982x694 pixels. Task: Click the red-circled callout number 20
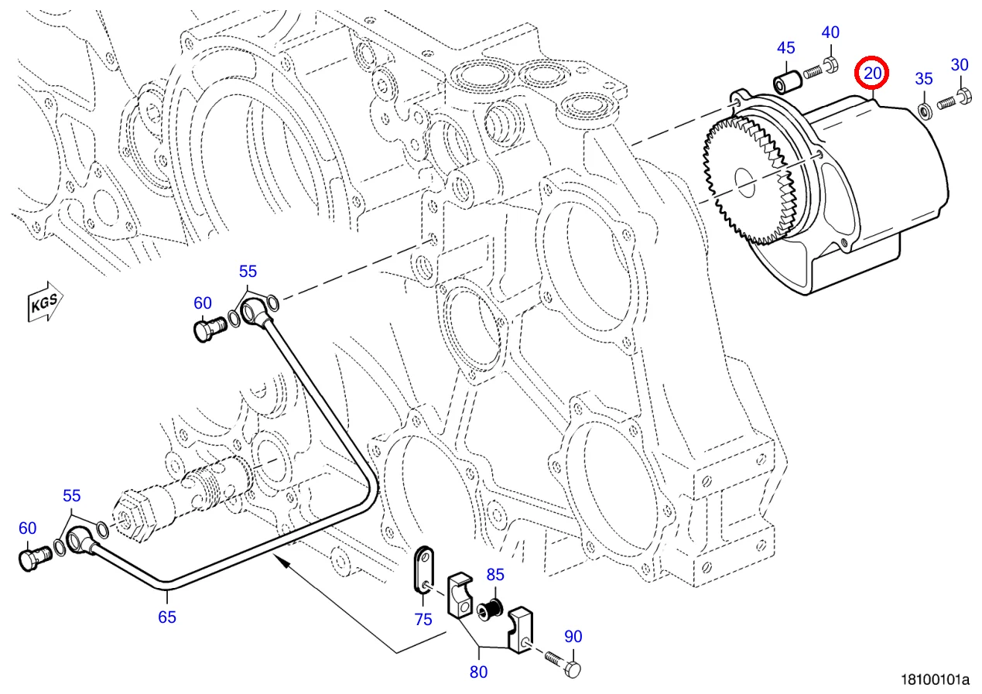coord(872,74)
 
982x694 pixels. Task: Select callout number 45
coord(785,48)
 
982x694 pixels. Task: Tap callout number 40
coord(830,32)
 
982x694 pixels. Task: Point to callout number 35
coord(924,78)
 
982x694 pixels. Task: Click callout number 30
coord(960,65)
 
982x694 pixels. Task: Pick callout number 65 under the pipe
coord(167,617)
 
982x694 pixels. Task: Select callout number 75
coord(423,619)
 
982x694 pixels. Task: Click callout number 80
coord(479,672)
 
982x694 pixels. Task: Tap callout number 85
coord(495,575)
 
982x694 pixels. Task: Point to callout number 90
coord(573,637)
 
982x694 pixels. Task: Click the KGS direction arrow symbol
coord(46,303)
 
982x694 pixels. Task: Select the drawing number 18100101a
coord(935,680)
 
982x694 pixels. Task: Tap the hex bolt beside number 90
coord(563,663)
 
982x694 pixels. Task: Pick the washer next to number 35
coord(924,108)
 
